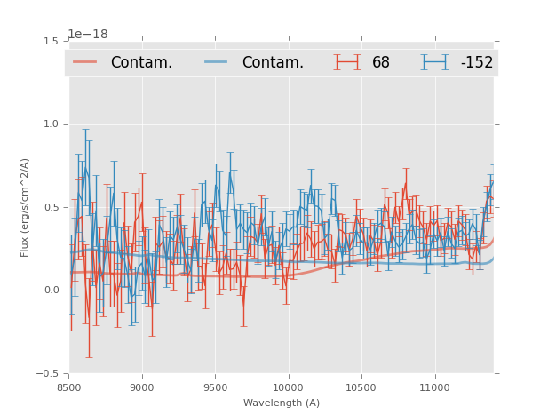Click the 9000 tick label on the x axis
click(142, 387)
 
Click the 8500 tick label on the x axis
click(69, 387)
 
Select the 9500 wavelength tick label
click(215, 387)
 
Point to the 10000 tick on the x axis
click(288, 387)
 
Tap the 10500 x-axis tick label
click(361, 387)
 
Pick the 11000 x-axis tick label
click(434, 387)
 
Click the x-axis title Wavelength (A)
click(282, 403)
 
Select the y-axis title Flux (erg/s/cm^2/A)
click(26, 207)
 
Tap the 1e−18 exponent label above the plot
click(88, 34)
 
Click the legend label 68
click(381, 62)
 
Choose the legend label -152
click(476, 62)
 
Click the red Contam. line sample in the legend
click(86, 62)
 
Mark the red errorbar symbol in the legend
click(348, 62)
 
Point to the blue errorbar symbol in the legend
click(435, 62)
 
